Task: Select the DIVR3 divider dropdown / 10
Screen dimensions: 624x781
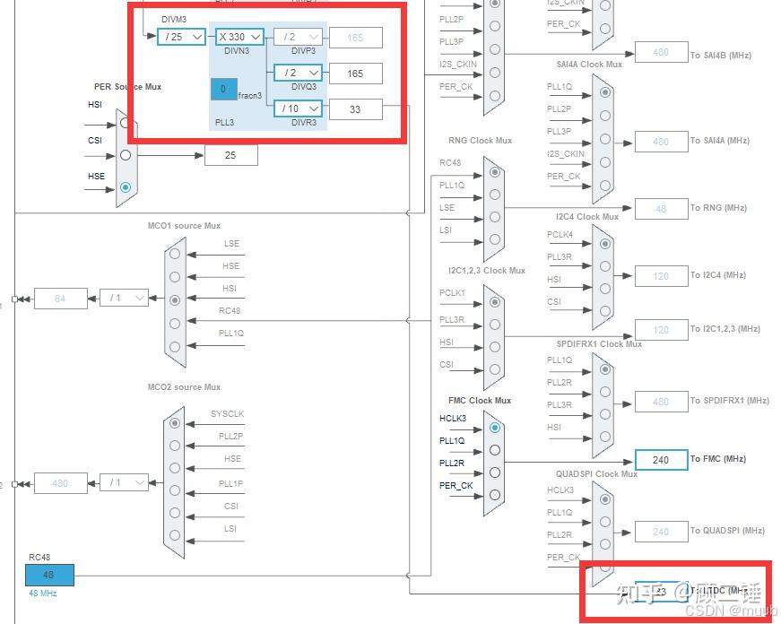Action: tap(298, 108)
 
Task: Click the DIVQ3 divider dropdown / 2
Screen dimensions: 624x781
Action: tap(298, 73)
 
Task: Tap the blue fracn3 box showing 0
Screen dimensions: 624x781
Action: tap(223, 89)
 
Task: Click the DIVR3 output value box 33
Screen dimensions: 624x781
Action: tap(355, 108)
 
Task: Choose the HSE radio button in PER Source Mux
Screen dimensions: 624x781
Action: tap(126, 187)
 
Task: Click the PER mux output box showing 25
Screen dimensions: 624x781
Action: tap(230, 155)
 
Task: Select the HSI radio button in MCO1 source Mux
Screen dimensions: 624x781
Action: tap(175, 300)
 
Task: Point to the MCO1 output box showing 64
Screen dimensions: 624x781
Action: tap(60, 299)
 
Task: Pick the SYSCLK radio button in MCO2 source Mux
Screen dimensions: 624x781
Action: tap(175, 423)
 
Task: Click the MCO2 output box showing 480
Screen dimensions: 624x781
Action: tap(60, 482)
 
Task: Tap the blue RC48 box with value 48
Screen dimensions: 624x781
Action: tap(49, 575)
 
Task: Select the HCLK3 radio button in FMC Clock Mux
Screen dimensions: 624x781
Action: tap(495, 429)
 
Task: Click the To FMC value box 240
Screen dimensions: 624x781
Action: tap(661, 460)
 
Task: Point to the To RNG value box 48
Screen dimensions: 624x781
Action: tap(661, 208)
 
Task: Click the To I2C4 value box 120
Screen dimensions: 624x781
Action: tap(661, 275)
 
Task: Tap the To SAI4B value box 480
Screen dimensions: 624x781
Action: tap(661, 52)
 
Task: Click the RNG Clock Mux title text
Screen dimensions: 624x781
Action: tap(480, 141)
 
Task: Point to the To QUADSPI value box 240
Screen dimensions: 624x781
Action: tap(661, 532)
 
